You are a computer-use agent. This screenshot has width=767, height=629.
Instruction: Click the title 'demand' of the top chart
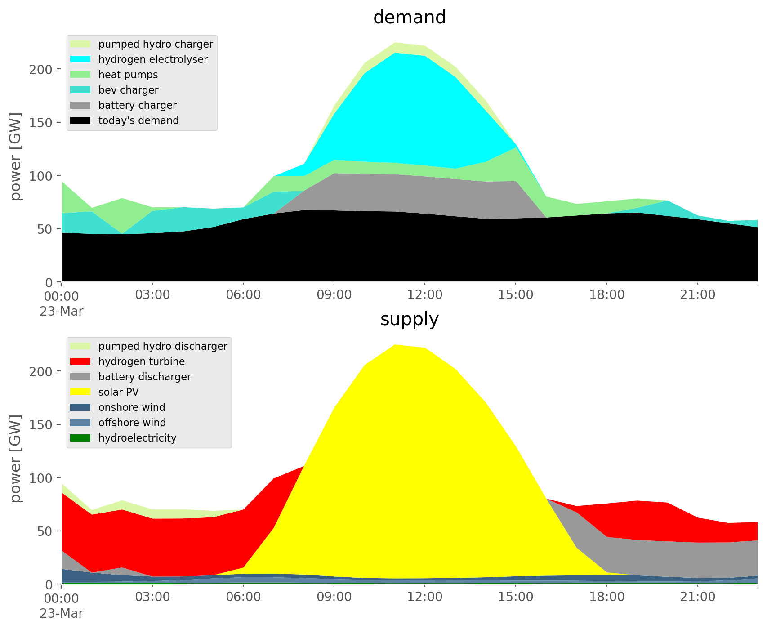click(x=409, y=18)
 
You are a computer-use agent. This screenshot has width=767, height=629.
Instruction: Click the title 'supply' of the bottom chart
click(x=409, y=319)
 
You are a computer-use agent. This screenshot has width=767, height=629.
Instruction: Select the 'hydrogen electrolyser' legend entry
click(x=153, y=59)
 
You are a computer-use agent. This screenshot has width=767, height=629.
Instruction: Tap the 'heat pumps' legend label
click(x=128, y=75)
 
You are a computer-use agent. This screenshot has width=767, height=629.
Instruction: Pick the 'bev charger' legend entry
click(x=128, y=90)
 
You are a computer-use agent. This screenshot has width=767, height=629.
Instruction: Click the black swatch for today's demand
click(x=80, y=120)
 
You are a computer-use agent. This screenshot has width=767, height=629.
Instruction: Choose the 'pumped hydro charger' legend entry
click(x=156, y=44)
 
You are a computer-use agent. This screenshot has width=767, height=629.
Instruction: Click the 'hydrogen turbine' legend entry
click(x=141, y=361)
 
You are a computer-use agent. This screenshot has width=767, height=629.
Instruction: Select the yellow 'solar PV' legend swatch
click(x=80, y=392)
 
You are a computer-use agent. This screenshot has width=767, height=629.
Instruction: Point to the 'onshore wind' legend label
click(x=132, y=407)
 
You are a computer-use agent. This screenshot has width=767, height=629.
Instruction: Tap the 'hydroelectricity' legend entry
click(x=137, y=438)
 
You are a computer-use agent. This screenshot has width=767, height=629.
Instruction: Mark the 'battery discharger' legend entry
click(x=144, y=377)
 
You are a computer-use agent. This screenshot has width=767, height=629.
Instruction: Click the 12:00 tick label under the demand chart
click(x=424, y=295)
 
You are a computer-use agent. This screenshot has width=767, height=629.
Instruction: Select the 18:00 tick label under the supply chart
click(x=606, y=597)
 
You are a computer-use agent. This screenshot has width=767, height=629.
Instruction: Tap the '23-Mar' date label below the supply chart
click(x=62, y=613)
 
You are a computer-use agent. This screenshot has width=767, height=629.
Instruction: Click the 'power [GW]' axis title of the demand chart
click(x=16, y=156)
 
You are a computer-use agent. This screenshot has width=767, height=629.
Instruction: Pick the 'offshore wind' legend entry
click(x=132, y=423)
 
